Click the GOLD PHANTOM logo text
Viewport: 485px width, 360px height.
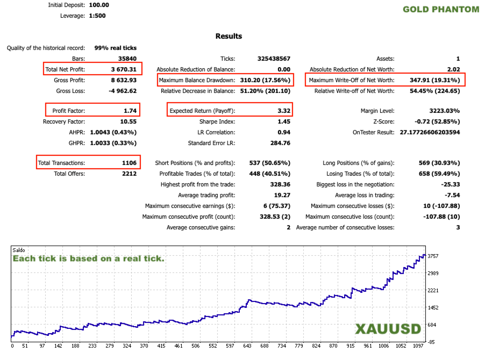440,9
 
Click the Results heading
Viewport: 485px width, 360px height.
229,36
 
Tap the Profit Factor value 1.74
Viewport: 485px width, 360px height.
129,111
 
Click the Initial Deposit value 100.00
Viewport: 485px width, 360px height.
98,5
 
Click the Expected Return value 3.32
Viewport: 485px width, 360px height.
283,111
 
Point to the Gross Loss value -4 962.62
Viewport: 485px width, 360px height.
123,91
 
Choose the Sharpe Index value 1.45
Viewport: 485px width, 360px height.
283,121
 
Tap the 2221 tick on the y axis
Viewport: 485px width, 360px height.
433,290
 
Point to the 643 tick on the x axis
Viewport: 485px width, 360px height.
247,347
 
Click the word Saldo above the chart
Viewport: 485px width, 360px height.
20,250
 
